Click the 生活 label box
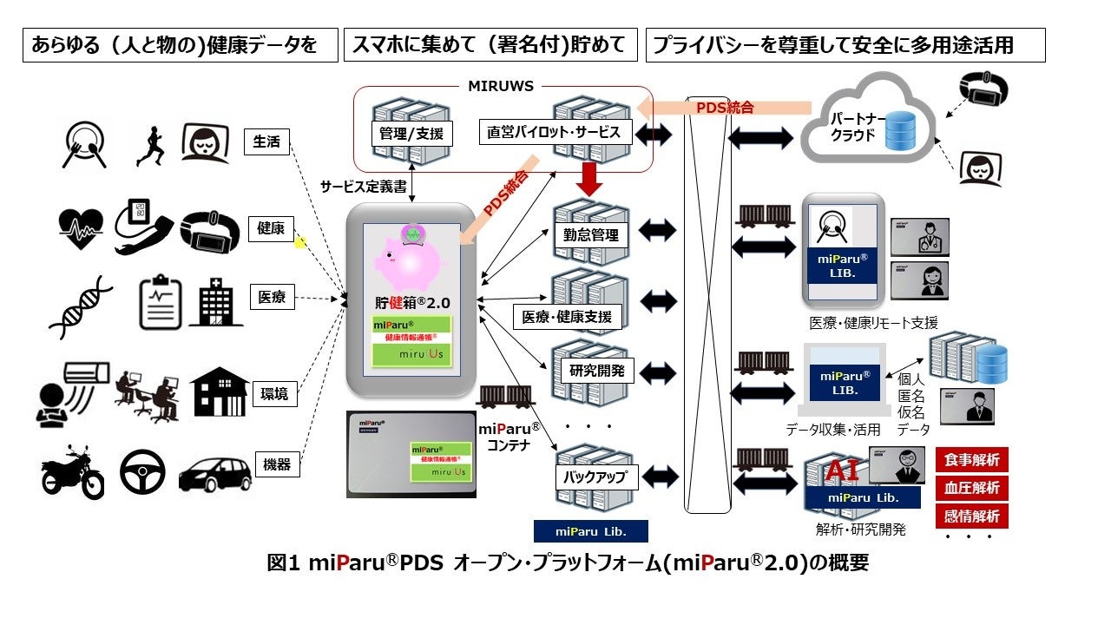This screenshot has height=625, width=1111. pos(266,141)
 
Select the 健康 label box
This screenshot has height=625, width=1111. pos(271,228)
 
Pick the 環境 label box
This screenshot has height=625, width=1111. pos(273,394)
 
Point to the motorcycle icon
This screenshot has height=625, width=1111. pos(72,473)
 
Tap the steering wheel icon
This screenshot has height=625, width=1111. pos(141,471)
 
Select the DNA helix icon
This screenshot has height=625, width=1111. pos(81,307)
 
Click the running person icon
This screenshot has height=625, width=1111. pos(150,145)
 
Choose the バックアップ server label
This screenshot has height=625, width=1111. pos(591,476)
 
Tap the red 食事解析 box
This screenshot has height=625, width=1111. pos(971,459)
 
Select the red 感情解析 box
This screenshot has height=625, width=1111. pos(971,516)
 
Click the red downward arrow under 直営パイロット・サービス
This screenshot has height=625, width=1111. pos(592,181)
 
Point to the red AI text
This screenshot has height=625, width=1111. pos(840,470)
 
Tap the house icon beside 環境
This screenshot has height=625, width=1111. pos(217,393)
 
